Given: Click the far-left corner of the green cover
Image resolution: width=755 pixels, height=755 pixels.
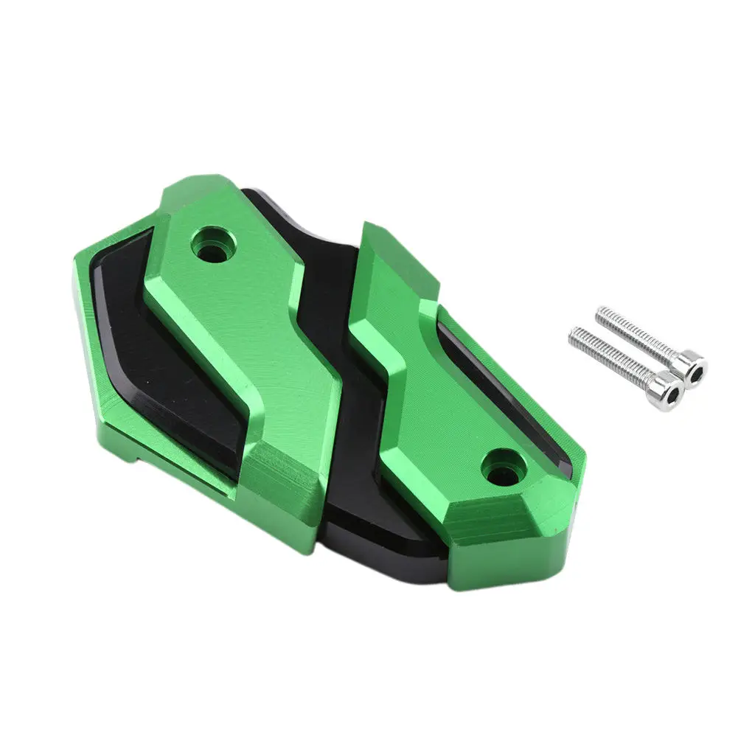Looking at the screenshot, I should coord(74,273).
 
